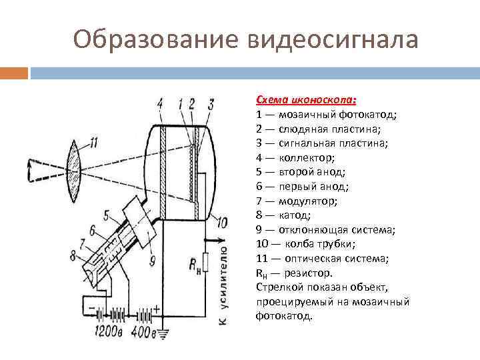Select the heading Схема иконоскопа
[x=306, y=99]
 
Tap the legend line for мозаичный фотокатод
[x=326, y=114]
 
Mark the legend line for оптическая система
[x=324, y=259]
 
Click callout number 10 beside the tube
[x=222, y=222]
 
